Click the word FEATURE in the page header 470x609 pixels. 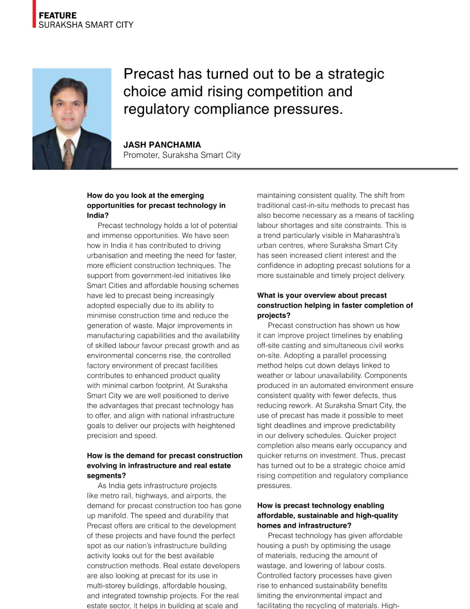[x=57, y=16]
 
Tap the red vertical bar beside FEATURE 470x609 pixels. [x=34, y=14]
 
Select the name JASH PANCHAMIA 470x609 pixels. [x=162, y=145]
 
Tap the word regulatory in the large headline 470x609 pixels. [x=156, y=109]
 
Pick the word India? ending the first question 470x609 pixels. [x=98, y=215]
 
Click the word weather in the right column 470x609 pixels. [x=270, y=376]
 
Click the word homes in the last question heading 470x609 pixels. [x=268, y=526]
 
